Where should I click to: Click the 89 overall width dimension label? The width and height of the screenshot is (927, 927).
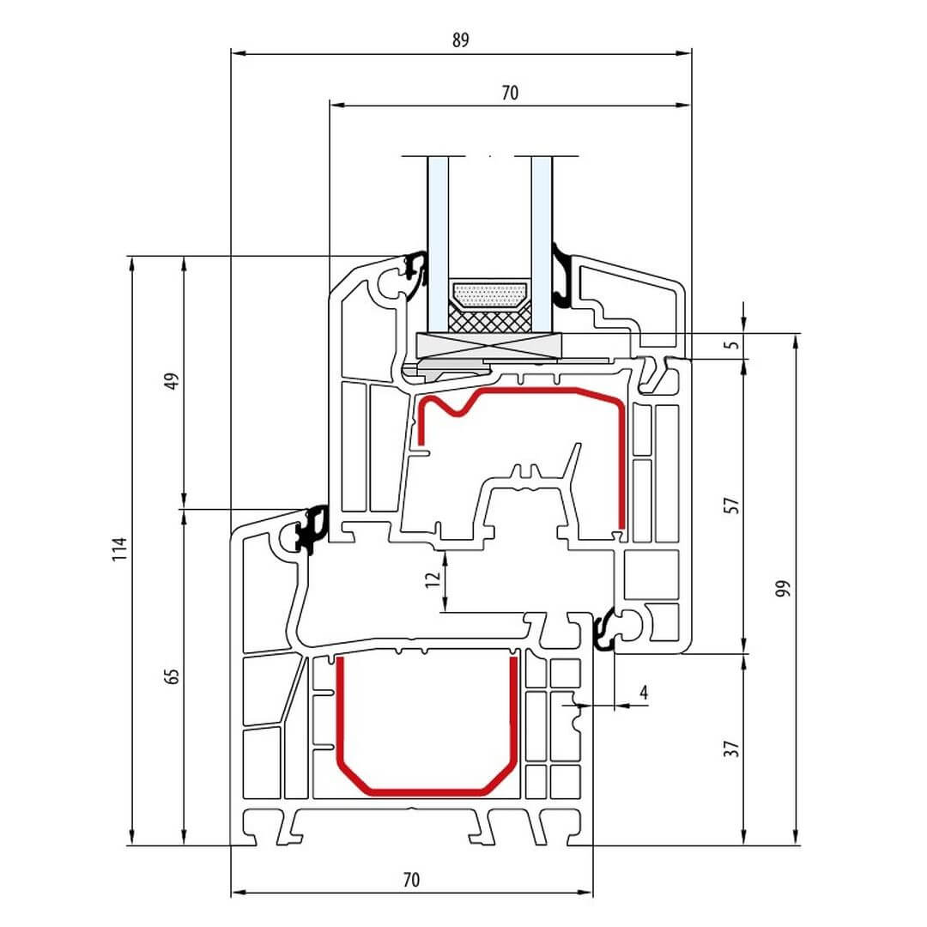point(461,40)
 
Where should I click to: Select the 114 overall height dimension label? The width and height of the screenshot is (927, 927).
point(120,549)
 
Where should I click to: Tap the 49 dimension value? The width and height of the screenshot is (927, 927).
point(171,380)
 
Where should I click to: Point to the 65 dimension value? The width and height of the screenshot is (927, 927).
point(171,676)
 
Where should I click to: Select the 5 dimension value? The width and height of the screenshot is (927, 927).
point(730,346)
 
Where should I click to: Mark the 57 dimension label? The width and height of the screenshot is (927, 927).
point(732,505)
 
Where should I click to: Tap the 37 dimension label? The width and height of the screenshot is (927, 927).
point(732,748)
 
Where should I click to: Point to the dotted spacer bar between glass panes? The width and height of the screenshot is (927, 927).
point(490,295)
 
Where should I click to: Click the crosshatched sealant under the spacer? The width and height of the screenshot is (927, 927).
point(490,320)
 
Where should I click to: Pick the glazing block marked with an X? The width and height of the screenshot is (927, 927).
point(488,346)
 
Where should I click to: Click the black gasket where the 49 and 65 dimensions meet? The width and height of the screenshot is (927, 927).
point(310,529)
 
